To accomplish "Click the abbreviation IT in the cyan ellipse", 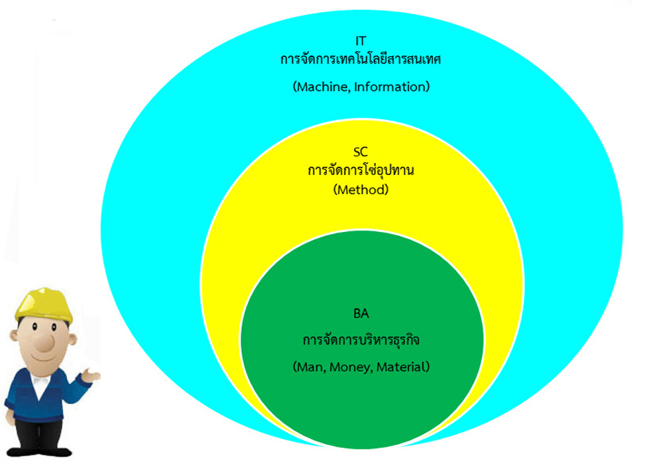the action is coord(360,40).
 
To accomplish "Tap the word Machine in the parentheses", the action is coord(323,87).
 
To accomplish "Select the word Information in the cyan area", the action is coord(390,87).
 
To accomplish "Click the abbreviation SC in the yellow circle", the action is coord(360,151).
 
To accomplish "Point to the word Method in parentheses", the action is coord(361,190).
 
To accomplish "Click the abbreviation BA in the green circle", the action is coord(361,314).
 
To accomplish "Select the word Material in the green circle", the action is coord(400,367).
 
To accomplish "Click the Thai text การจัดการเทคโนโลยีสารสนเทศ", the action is coord(360,59).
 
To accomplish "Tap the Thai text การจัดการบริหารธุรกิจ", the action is coord(361,340).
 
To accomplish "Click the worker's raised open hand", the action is coord(90,375).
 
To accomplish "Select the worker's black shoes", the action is coord(39,451).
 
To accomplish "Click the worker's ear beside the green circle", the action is coord(72,339).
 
